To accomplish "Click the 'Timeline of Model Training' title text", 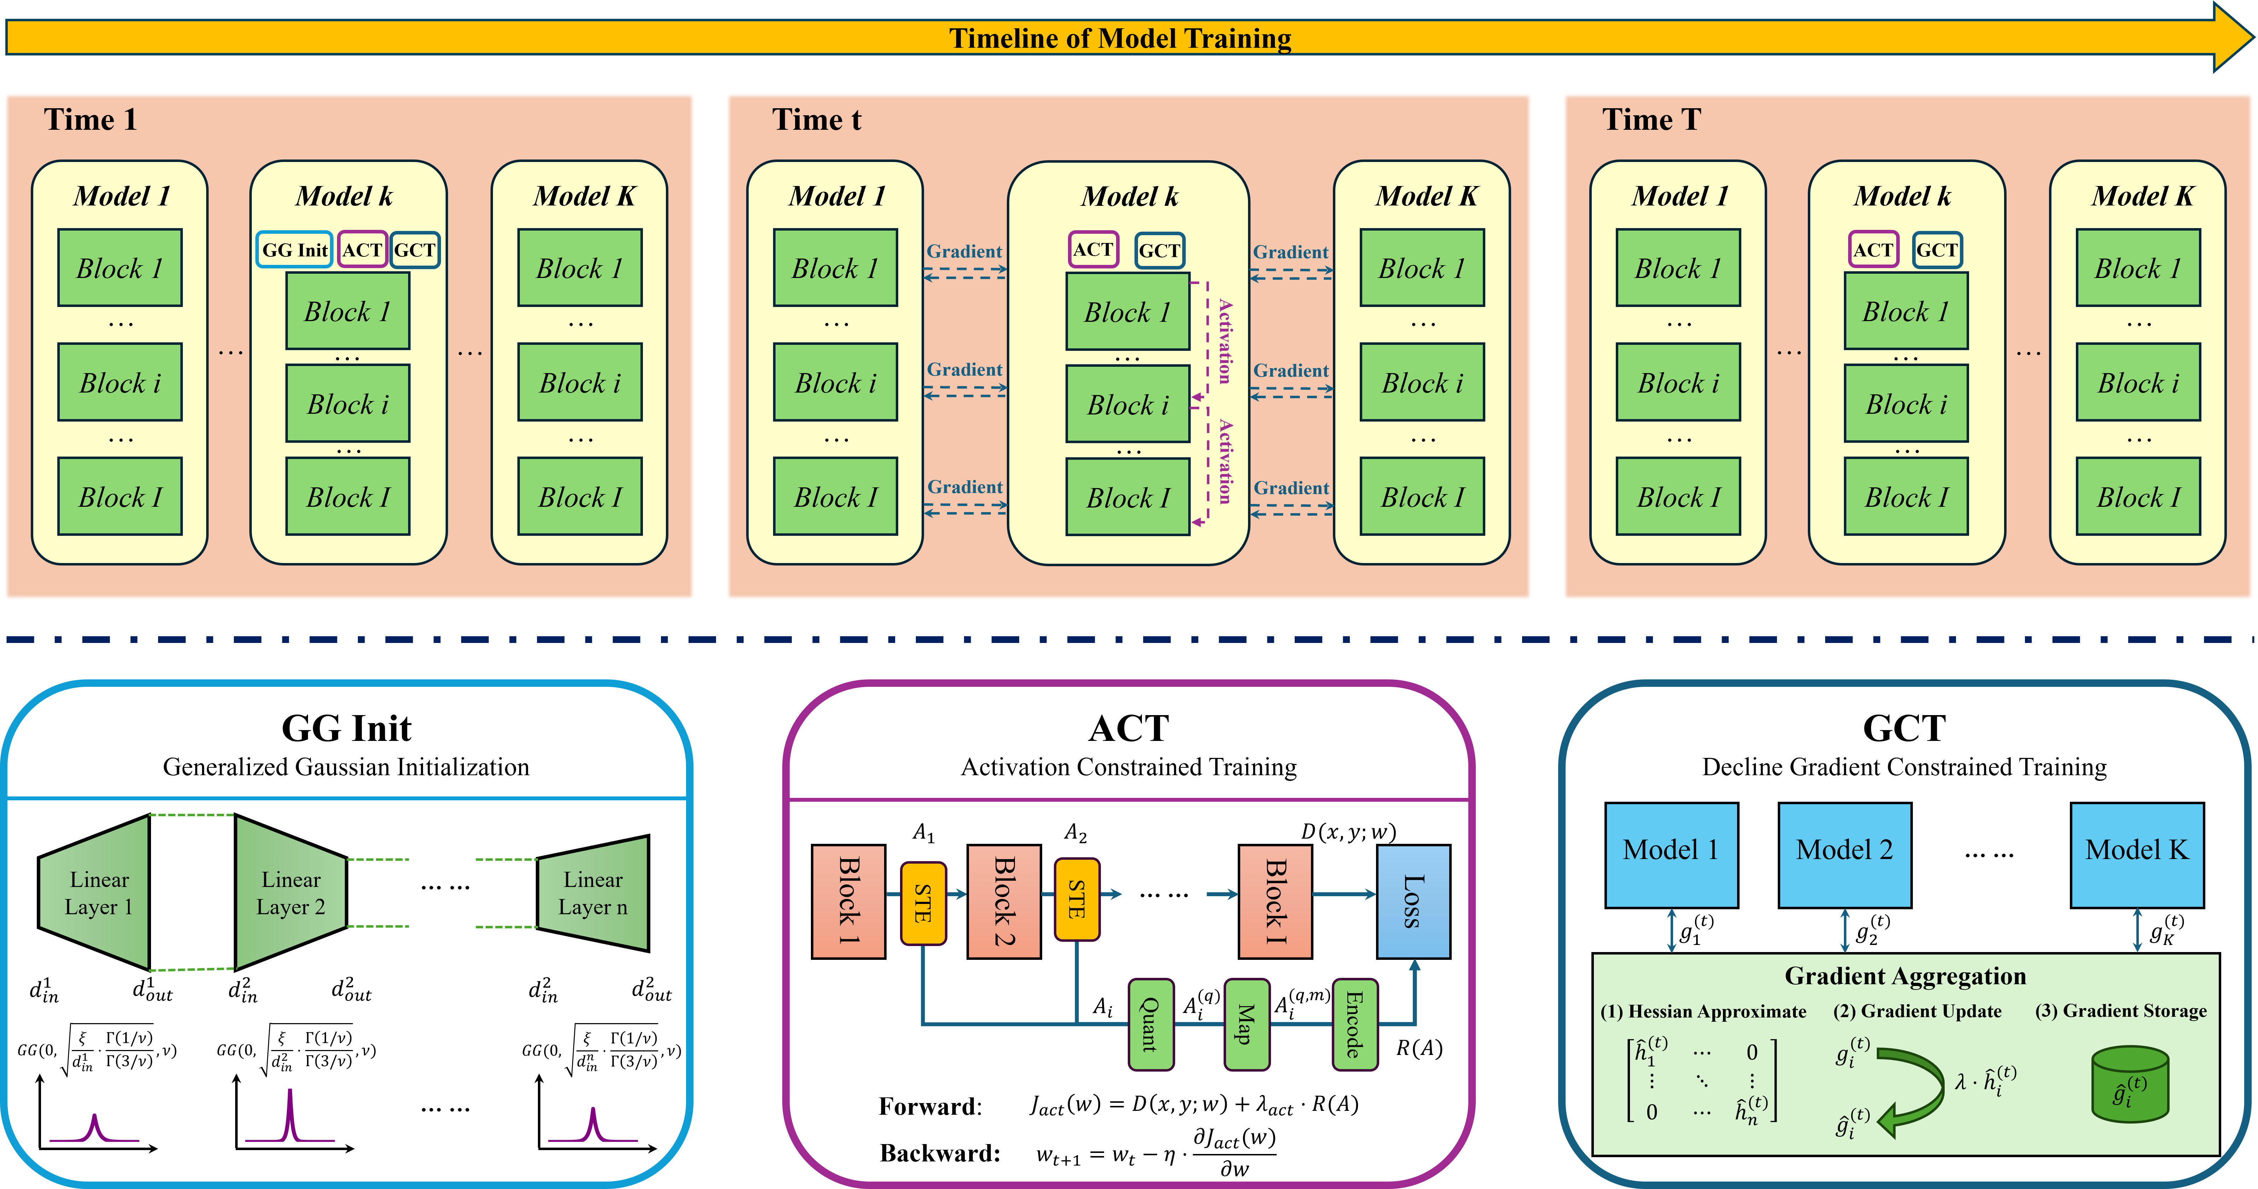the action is pos(1120,39).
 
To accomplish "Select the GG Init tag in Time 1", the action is pos(295,250).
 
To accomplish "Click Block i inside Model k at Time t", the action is pos(1128,404).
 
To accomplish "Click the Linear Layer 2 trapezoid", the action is pos(291,893).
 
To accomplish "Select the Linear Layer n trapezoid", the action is pos(593,893).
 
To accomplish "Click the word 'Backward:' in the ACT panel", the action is pos(940,1153).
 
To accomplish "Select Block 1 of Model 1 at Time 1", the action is pos(120,267).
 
